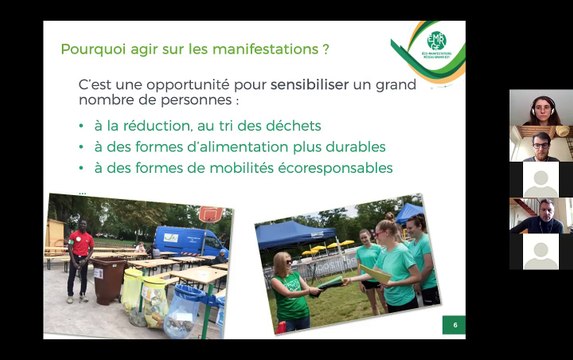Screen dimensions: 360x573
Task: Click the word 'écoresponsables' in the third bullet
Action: click(338, 168)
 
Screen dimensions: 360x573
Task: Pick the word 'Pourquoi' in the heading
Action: click(88, 48)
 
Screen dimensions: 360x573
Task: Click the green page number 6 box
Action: click(454, 324)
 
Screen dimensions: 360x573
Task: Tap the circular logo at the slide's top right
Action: click(436, 41)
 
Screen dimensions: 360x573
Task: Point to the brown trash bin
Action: click(109, 280)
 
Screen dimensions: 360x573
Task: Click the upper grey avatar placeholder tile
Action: click(540, 180)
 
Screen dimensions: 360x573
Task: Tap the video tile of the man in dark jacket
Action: click(540, 216)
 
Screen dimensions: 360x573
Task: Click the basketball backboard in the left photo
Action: click(208, 214)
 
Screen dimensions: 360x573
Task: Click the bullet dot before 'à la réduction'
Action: click(82, 126)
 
